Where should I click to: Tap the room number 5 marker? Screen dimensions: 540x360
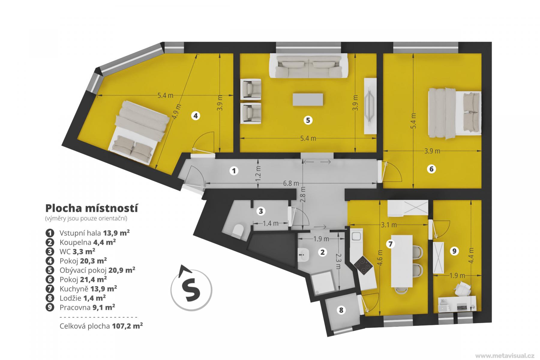pyautogui.click(x=308, y=120)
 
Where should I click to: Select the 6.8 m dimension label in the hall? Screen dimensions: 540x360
pyautogui.click(x=291, y=183)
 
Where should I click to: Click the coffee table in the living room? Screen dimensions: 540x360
pyautogui.click(x=308, y=99)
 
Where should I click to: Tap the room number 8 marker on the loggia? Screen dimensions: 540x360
pyautogui.click(x=341, y=310)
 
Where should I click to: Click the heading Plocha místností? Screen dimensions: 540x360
pyautogui.click(x=91, y=208)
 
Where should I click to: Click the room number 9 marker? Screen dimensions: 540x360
pyautogui.click(x=454, y=251)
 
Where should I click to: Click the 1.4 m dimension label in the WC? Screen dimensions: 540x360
pyautogui.click(x=271, y=223)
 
